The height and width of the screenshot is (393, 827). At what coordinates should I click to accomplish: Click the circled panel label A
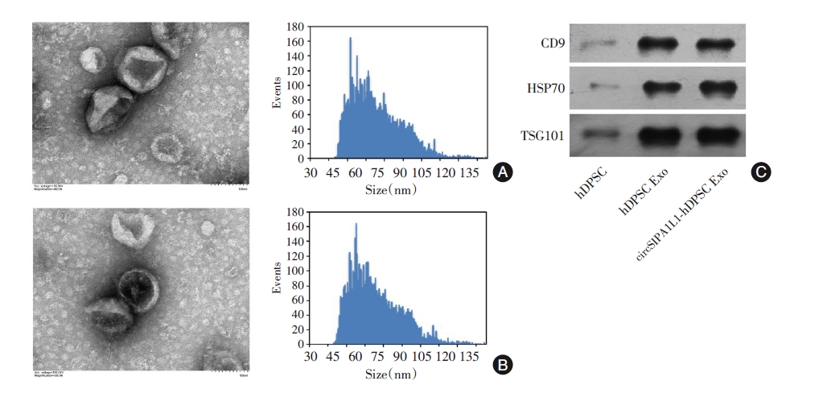point(503,172)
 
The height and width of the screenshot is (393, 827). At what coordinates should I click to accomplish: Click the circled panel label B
point(503,365)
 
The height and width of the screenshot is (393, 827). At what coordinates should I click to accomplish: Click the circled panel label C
point(759,172)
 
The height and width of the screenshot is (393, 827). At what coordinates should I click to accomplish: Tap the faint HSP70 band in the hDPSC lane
point(599,86)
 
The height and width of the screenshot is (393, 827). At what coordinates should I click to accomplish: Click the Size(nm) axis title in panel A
point(391,191)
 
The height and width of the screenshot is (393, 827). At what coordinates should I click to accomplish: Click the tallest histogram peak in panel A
point(351,39)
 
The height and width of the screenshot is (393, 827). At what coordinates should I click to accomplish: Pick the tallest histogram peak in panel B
point(356,225)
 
